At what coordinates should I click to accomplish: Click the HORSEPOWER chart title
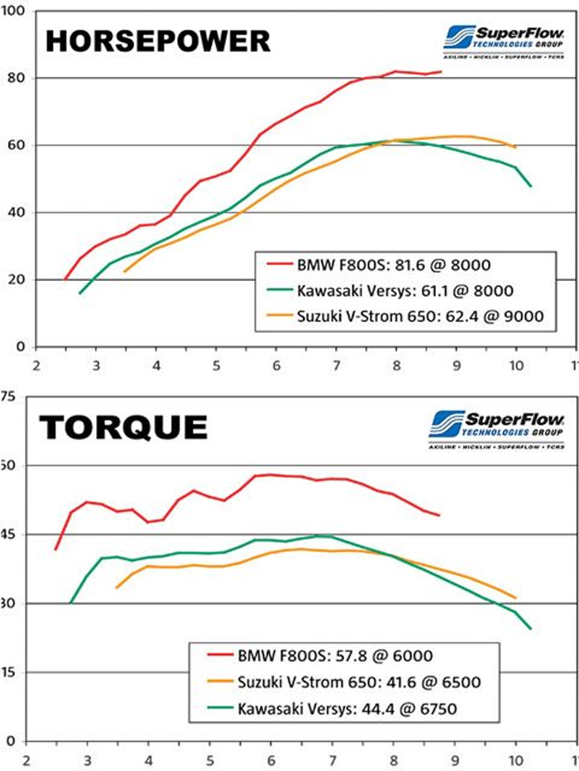(x=156, y=40)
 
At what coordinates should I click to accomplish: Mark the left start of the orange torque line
(x=116, y=588)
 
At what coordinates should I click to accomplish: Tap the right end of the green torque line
(x=530, y=629)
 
